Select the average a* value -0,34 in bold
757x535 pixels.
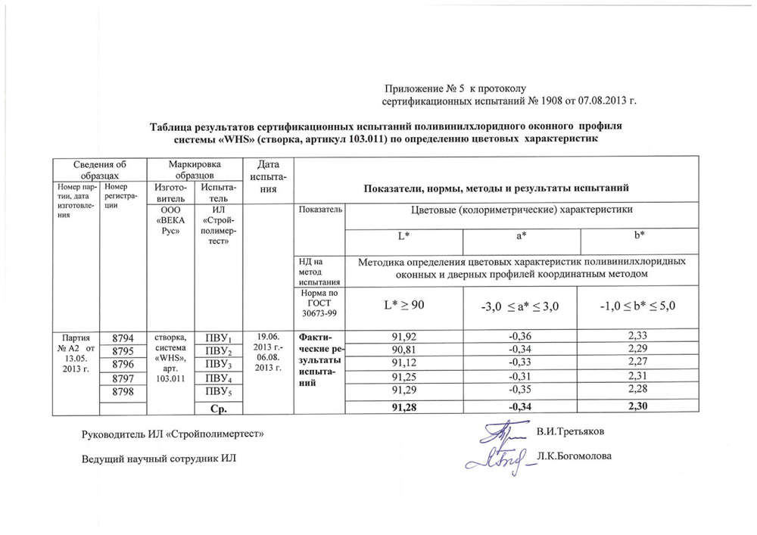click(x=522, y=409)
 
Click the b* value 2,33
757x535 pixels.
click(x=640, y=337)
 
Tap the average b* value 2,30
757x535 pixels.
click(x=640, y=409)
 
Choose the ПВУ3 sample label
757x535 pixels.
click(x=218, y=365)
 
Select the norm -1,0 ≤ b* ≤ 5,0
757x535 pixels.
click(x=640, y=306)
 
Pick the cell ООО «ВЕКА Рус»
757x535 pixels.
click(x=169, y=221)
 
